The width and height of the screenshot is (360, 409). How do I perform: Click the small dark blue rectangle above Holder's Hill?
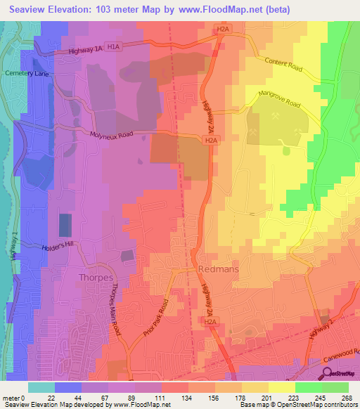point(64,226)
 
